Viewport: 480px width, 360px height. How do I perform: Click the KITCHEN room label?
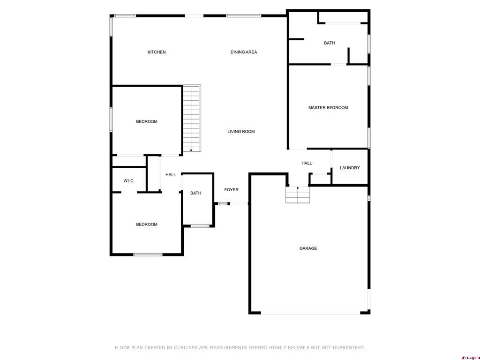157,52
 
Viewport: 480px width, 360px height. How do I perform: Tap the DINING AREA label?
244,52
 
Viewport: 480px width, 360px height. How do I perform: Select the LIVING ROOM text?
241,132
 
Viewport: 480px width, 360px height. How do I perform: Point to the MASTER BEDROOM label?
328,108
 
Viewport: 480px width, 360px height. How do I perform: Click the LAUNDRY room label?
350,168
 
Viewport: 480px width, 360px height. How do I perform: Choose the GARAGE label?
308,248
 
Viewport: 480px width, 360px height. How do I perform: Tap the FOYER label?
231,190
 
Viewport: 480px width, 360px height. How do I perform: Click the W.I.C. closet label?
129,181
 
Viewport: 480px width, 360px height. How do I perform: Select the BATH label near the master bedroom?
330,43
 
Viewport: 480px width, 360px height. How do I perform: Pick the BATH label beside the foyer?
195,193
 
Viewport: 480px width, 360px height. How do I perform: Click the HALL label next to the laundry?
307,163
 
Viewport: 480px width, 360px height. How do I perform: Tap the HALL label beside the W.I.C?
171,175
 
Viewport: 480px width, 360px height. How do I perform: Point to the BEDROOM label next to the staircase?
147,122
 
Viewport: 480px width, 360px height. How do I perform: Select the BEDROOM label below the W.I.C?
147,225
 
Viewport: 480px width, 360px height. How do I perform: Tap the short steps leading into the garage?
298,195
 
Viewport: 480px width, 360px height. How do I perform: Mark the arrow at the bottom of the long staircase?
191,150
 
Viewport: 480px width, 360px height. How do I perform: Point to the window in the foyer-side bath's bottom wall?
200,226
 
